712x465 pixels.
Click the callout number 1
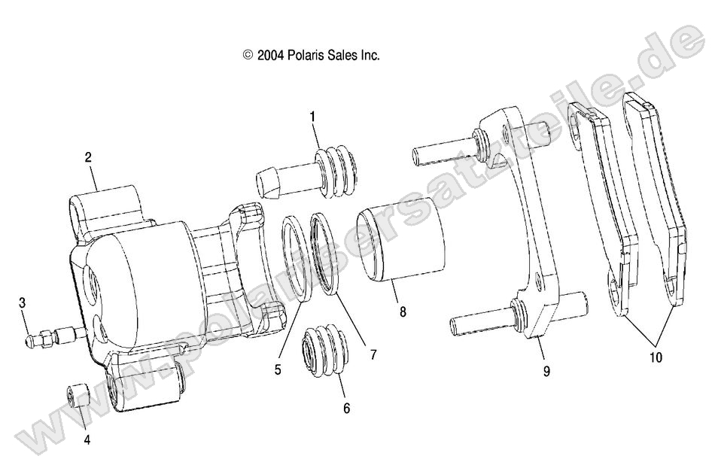click(x=312, y=117)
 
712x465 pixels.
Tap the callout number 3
click(x=23, y=302)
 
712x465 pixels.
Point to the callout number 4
click(x=87, y=440)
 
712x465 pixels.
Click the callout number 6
click(x=345, y=409)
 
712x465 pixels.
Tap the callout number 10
click(x=656, y=358)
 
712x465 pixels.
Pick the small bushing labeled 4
click(x=78, y=394)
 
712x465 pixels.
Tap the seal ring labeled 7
click(x=328, y=254)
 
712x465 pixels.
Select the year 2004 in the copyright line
click(x=268, y=55)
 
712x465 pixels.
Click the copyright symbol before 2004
click(x=247, y=55)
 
